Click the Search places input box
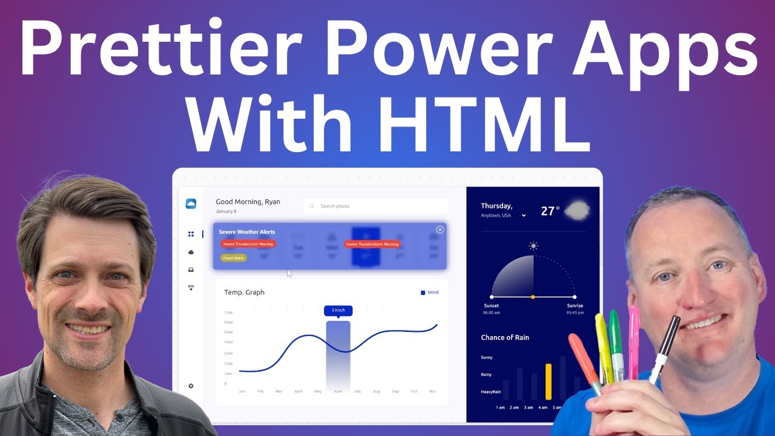coord(375,206)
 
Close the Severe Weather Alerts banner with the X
coord(440,230)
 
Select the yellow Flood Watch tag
coord(234,258)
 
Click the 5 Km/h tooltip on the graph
coord(338,311)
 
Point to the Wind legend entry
coord(430,292)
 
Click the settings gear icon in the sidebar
coord(191,386)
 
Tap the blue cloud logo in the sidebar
coord(191,204)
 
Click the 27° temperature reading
coord(550,211)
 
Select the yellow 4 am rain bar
coord(549,381)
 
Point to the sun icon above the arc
coord(533,246)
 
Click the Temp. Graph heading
coord(244,292)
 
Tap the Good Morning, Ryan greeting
coord(248,202)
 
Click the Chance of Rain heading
coord(505,337)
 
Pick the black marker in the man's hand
coord(664,348)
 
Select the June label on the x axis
coord(338,392)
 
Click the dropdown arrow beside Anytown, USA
coord(524,216)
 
